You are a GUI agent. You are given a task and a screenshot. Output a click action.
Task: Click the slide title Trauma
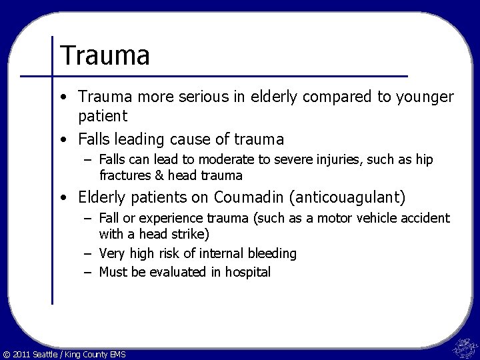point(105,55)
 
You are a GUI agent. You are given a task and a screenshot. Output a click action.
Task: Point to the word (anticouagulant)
point(354,197)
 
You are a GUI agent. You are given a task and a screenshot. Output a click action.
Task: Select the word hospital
point(248,272)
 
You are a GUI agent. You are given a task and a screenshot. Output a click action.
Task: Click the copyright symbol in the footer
point(7,353)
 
